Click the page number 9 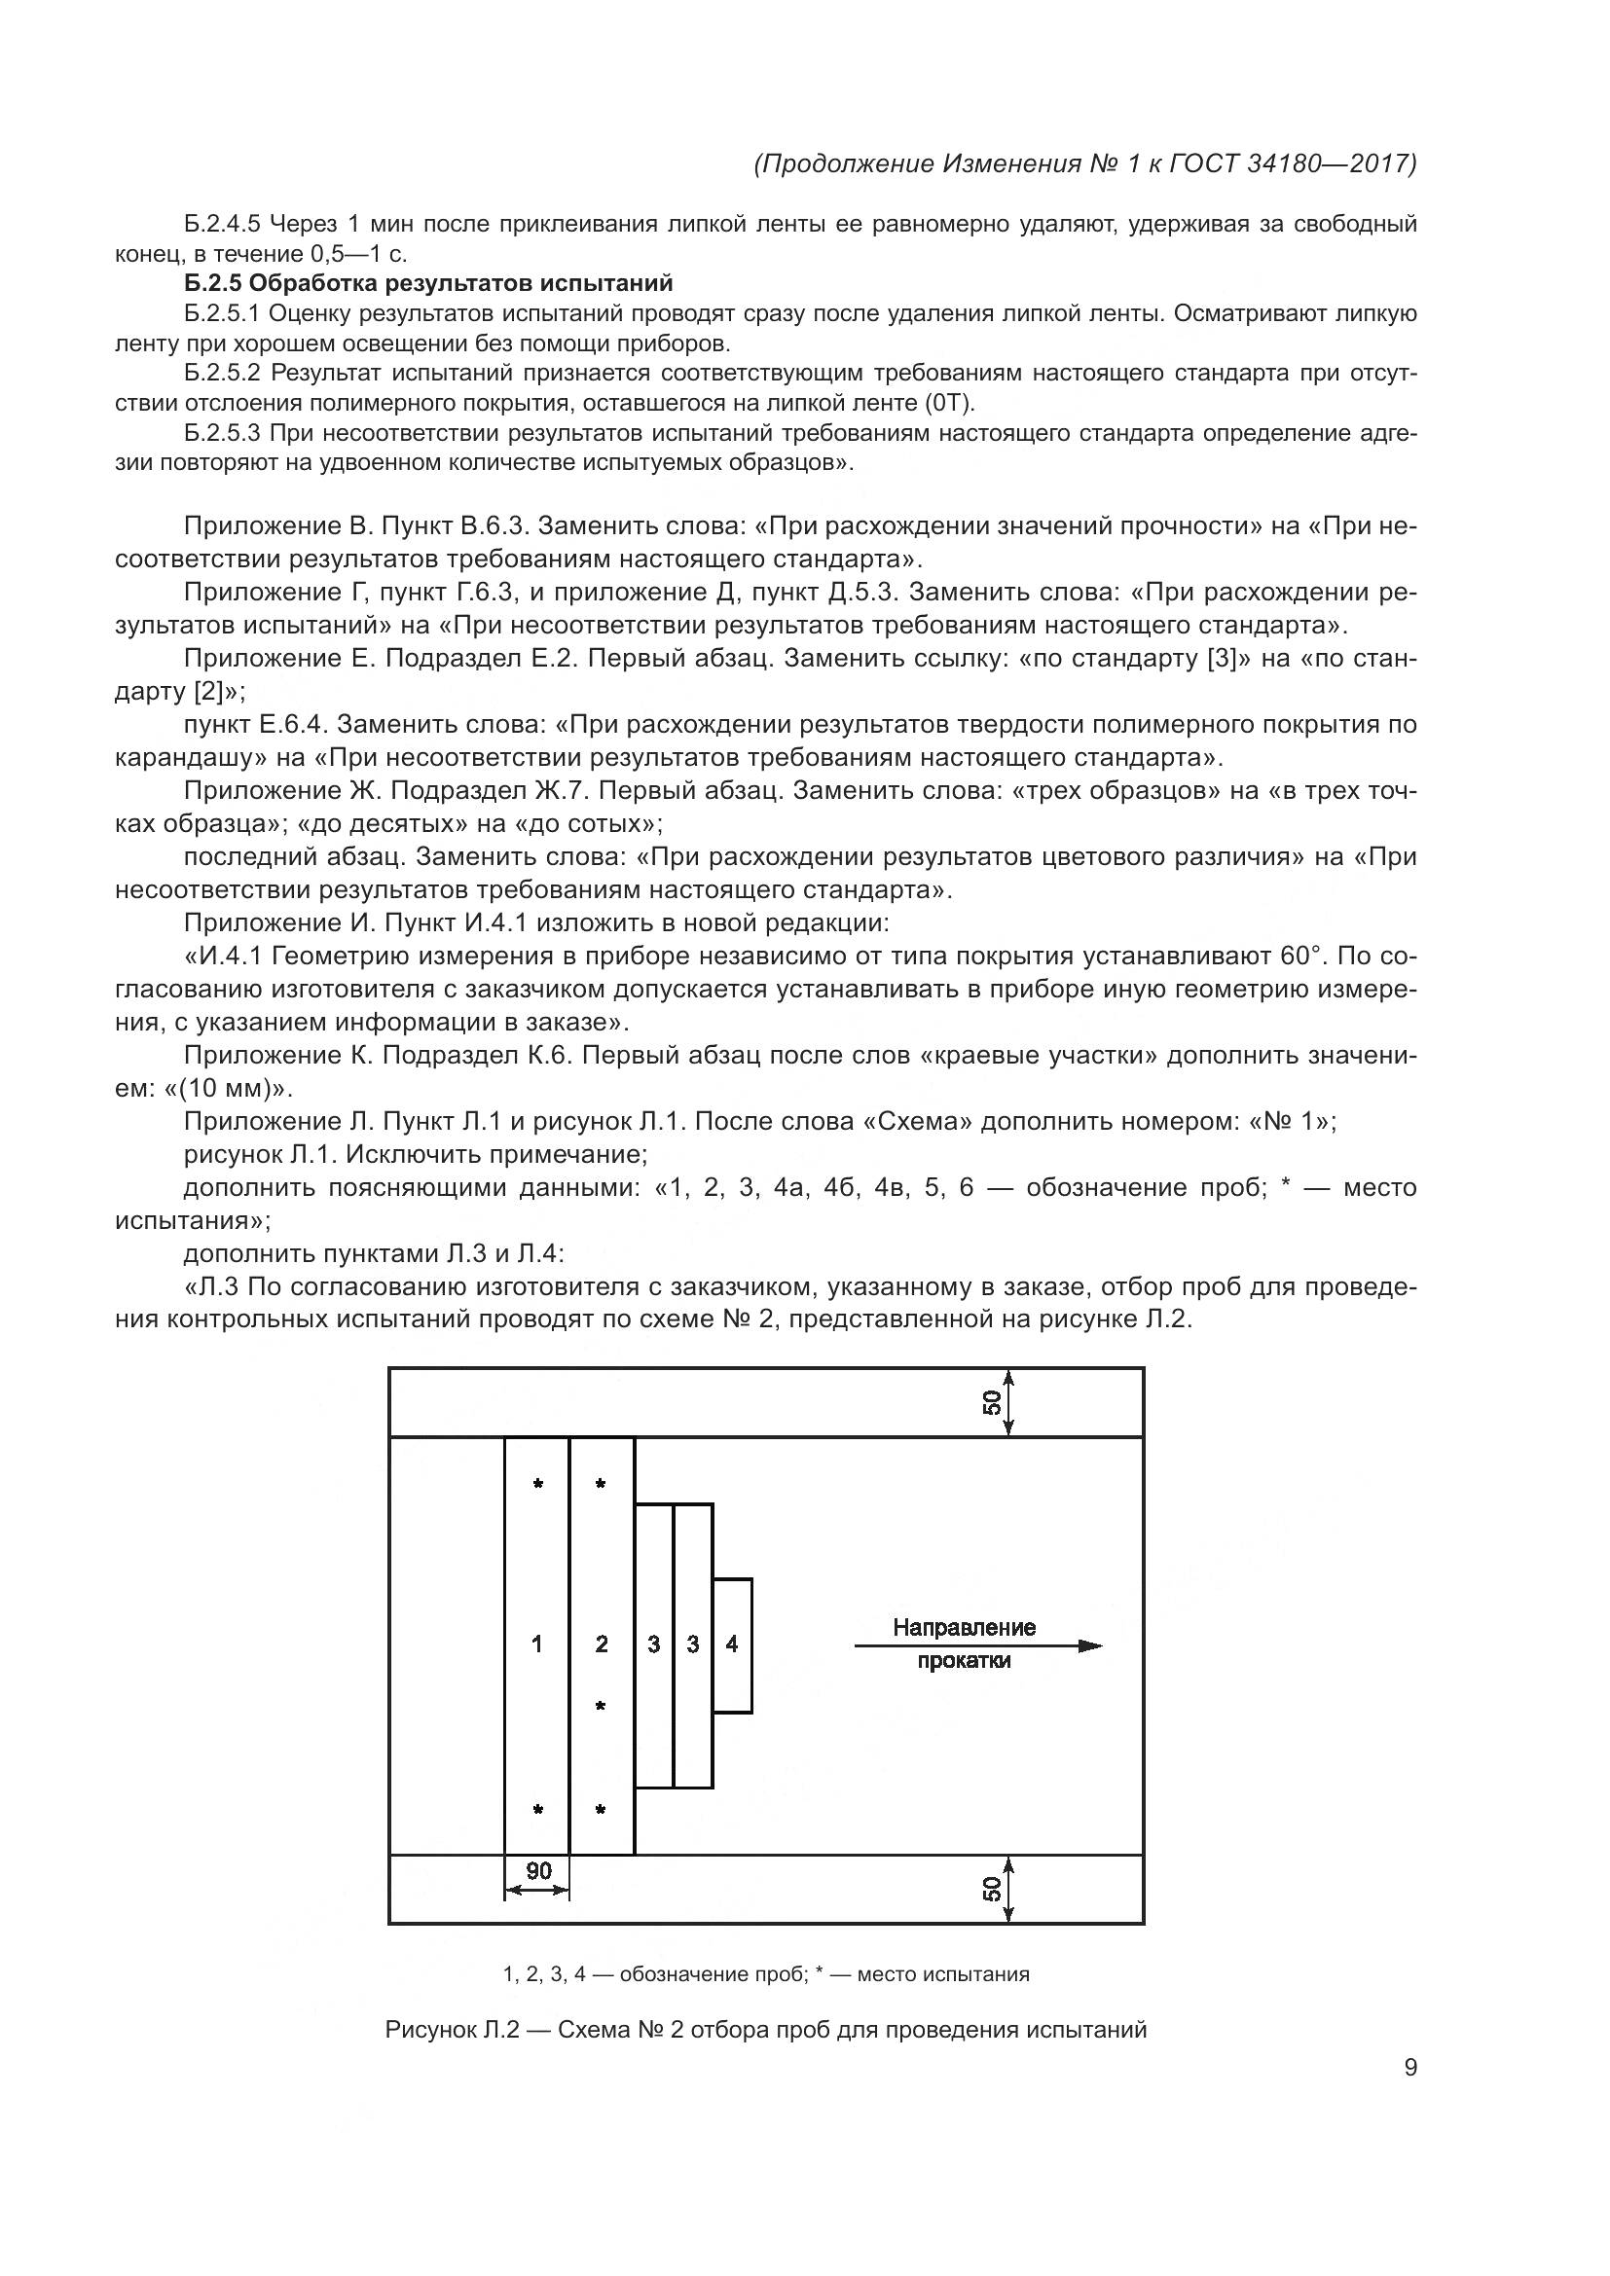coord(1409,2067)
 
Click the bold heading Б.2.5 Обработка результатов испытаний coord(428,283)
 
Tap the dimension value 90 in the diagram coord(538,1870)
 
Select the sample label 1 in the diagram coord(536,1644)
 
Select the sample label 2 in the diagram coord(601,1644)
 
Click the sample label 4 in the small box coord(732,1644)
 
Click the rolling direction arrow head coord(1090,1645)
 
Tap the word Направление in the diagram coord(964,1627)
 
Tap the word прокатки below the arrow coord(964,1661)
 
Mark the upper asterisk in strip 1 coord(537,1484)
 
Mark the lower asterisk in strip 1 coord(537,1810)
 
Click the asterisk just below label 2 coord(600,1706)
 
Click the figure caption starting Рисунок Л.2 coord(765,2029)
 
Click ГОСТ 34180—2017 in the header coord(1292,163)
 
